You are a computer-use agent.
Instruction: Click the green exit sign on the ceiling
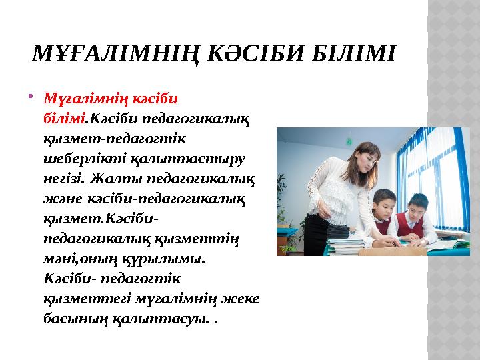tap(348, 141)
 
